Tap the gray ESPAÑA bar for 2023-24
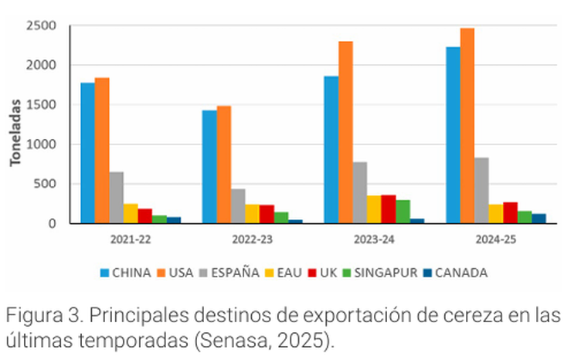[359, 192]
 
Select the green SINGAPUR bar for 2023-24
[403, 212]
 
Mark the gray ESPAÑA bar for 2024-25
[481, 190]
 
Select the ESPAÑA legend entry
[229, 272]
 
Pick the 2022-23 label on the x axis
[252, 239]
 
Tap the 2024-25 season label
[495, 239]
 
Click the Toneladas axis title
[15, 136]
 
